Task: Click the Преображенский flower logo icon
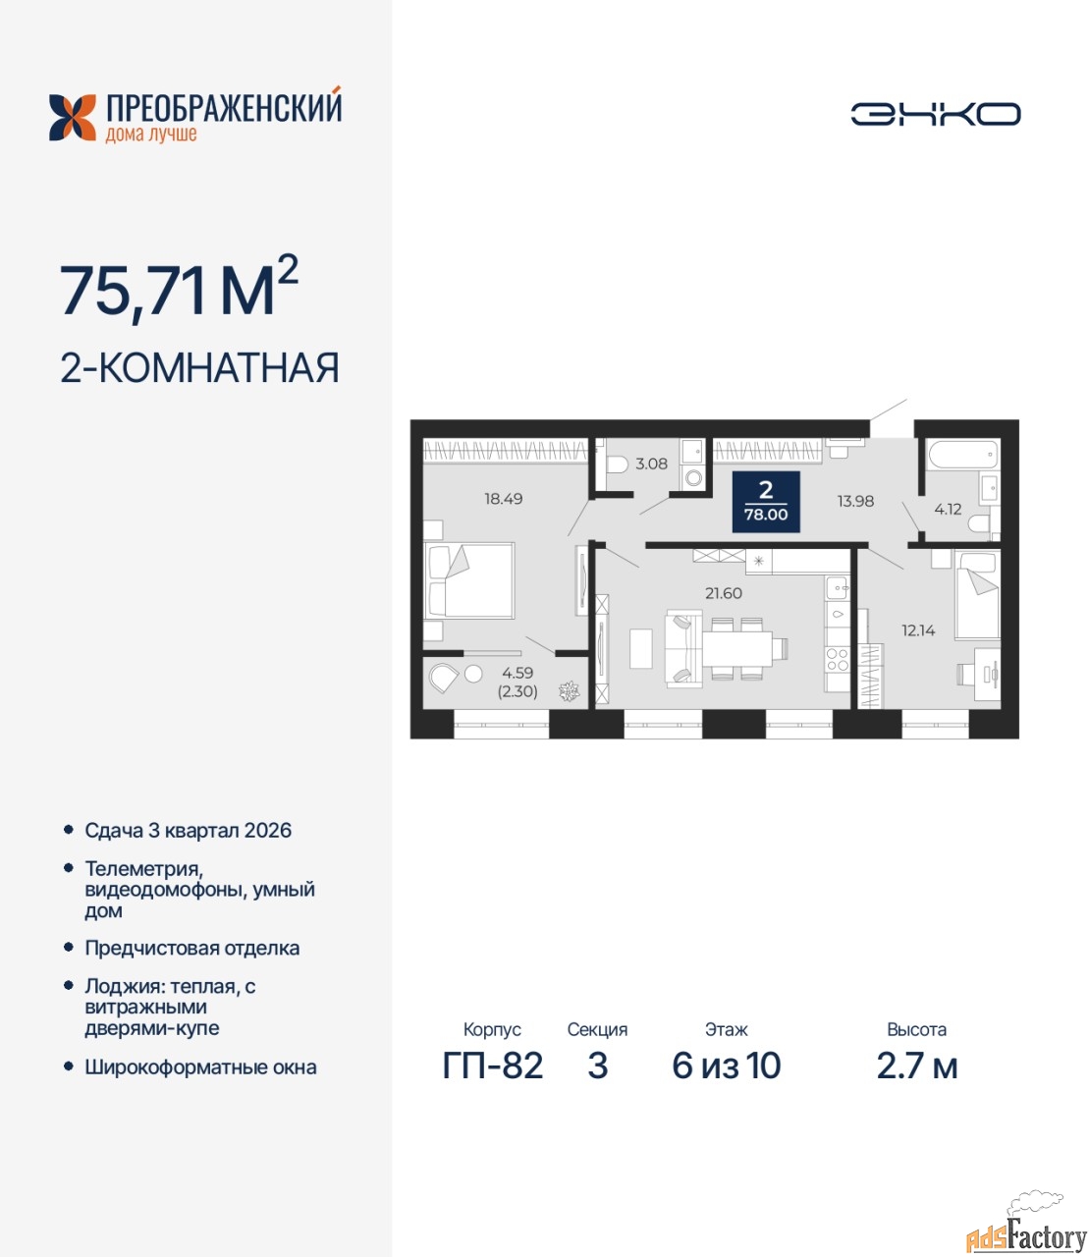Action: (73, 118)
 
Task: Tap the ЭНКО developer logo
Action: (935, 114)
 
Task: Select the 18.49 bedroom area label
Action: (504, 499)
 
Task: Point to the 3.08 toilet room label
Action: (651, 464)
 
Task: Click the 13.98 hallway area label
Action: (855, 501)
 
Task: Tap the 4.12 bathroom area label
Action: (948, 509)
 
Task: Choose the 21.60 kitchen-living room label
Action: (724, 593)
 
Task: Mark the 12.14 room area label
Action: (918, 630)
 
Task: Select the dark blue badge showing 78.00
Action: (766, 502)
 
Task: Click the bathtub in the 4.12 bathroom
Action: (962, 456)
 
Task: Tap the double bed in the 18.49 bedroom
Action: (468, 580)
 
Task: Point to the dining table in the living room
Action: (737, 648)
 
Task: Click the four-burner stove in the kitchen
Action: (838, 659)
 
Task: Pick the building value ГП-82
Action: (493, 1066)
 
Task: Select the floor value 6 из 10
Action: (727, 1066)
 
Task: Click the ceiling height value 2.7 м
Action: (917, 1066)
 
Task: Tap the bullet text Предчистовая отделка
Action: (192, 948)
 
